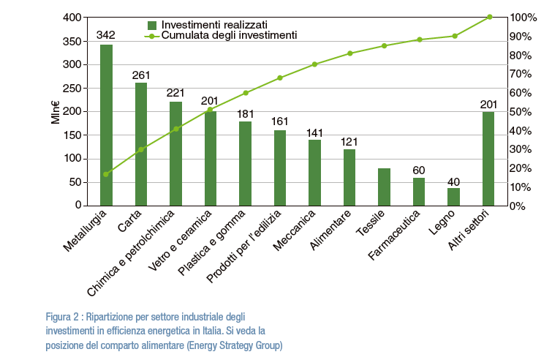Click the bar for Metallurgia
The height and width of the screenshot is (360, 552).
(107, 125)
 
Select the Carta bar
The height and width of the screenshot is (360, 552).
(141, 144)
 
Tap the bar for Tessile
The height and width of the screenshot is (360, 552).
(384, 187)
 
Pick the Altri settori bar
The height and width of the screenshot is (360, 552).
(488, 159)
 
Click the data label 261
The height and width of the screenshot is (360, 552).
(141, 75)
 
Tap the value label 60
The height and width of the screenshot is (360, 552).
(418, 170)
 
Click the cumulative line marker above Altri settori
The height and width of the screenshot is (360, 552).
(489, 17)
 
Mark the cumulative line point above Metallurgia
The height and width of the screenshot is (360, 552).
(107, 174)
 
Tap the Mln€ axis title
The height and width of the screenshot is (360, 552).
(56, 111)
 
